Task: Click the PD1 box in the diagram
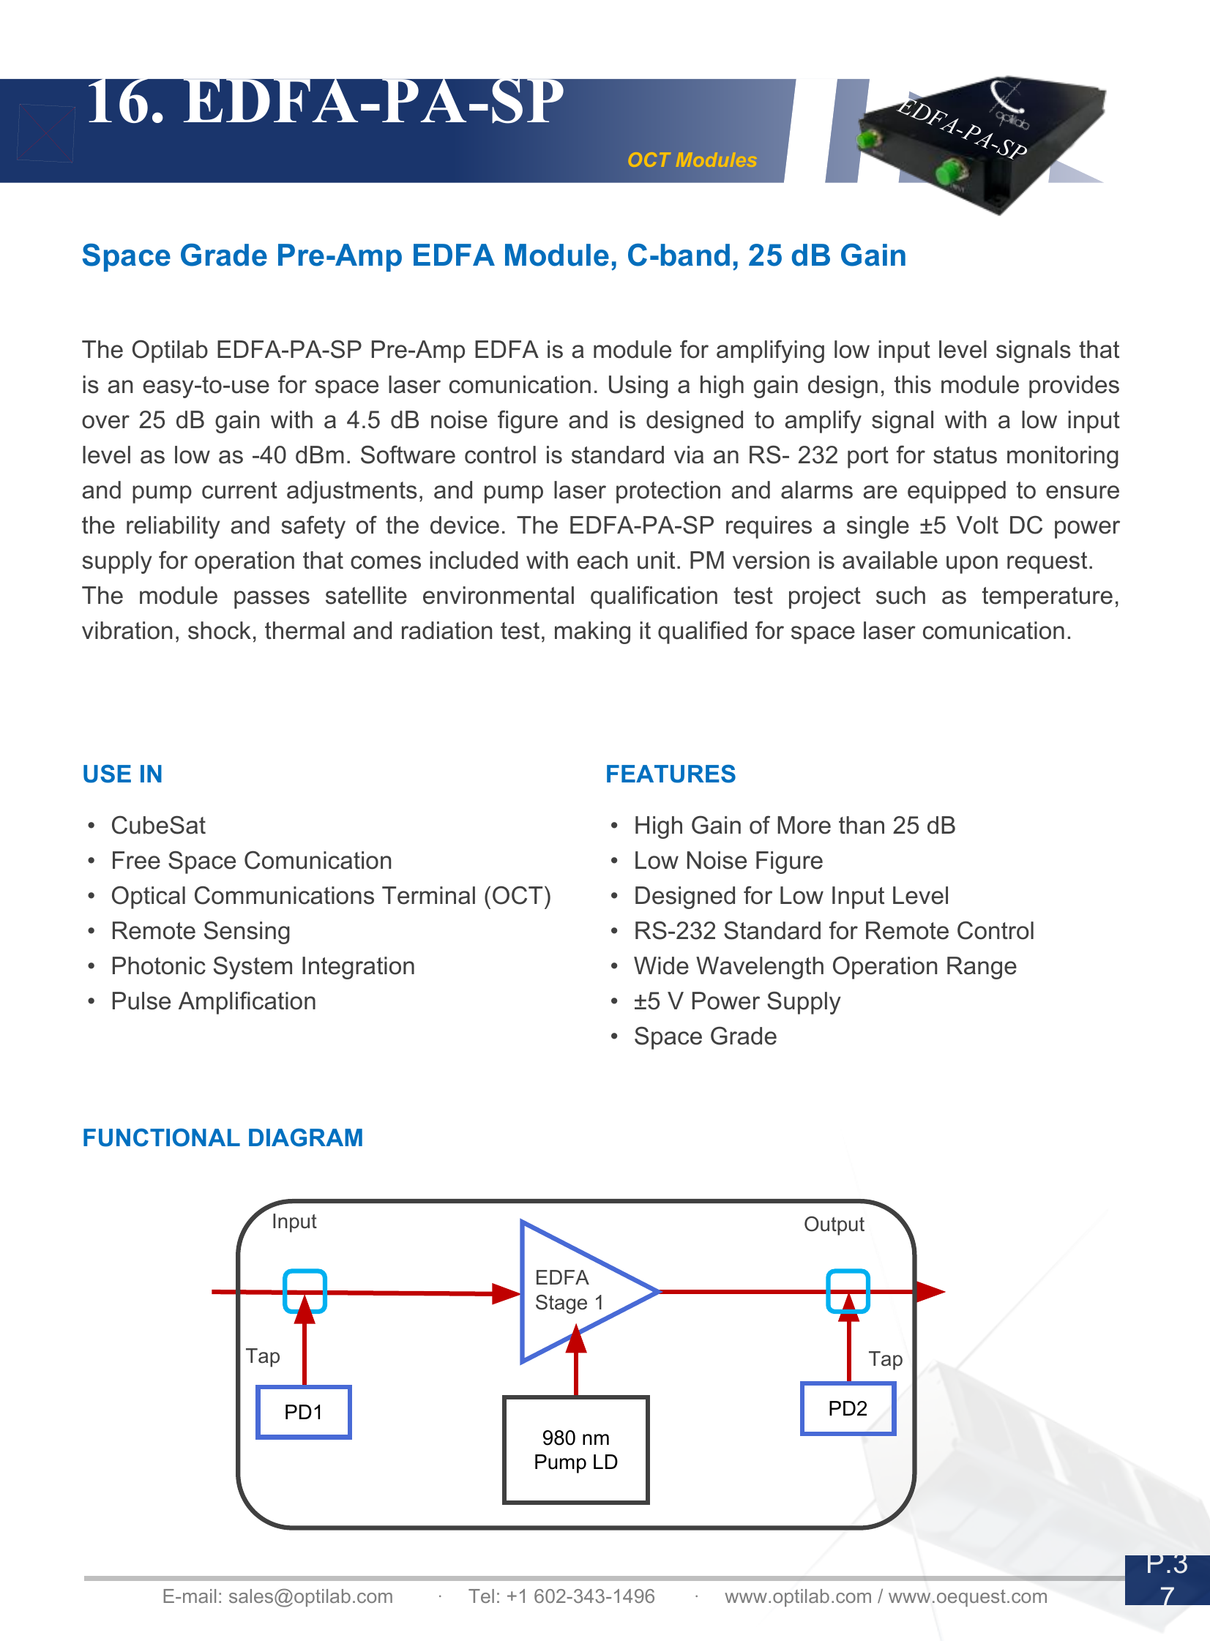(x=303, y=1411)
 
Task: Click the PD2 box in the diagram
(x=848, y=1408)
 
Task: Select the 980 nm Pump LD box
(x=575, y=1449)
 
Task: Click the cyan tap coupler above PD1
(x=305, y=1290)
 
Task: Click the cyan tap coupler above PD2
(x=848, y=1290)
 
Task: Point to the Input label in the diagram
(x=294, y=1222)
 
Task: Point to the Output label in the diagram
(x=834, y=1225)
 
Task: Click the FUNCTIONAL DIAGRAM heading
(x=223, y=1137)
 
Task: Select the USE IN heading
(x=122, y=774)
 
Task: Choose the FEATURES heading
(x=671, y=774)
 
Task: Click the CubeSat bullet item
(x=158, y=826)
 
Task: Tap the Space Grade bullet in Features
(x=705, y=1036)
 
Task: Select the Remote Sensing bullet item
(x=201, y=931)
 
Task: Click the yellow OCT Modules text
(x=692, y=160)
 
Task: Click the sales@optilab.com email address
(x=310, y=1596)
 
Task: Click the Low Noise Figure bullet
(x=728, y=861)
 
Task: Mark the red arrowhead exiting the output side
(x=930, y=1291)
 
